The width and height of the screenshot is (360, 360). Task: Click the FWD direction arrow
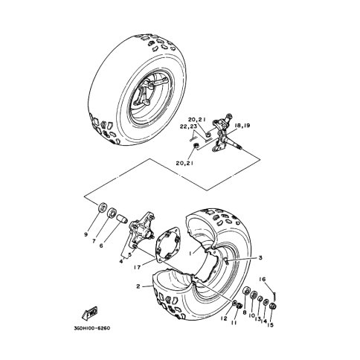pyautogui.click(x=89, y=314)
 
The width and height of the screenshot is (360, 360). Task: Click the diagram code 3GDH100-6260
pyautogui.click(x=91, y=328)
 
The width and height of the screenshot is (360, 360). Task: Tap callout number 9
pyautogui.click(x=86, y=234)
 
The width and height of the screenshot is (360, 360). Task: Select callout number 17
pyautogui.click(x=137, y=267)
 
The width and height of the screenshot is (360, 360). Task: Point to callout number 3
pyautogui.click(x=260, y=258)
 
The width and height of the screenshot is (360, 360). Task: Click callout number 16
pyautogui.click(x=263, y=280)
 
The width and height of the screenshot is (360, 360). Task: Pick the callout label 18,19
pyautogui.click(x=242, y=126)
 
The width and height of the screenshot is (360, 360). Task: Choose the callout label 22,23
pyautogui.click(x=188, y=126)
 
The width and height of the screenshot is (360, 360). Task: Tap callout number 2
pyautogui.click(x=138, y=286)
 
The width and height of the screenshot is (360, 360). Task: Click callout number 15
pyautogui.click(x=270, y=324)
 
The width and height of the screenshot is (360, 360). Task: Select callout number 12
pyautogui.click(x=224, y=318)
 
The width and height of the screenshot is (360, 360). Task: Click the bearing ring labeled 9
pyautogui.click(x=103, y=208)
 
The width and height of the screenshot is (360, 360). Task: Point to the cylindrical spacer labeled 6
pyautogui.click(x=122, y=219)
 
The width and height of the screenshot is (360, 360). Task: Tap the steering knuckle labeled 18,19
pyautogui.click(x=222, y=134)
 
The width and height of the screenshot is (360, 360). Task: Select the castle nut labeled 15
pyautogui.click(x=273, y=306)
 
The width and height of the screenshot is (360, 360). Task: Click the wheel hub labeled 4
pyautogui.click(x=141, y=231)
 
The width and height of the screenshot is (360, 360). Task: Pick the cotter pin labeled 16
pyautogui.click(x=274, y=296)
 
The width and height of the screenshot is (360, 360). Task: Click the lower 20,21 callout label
pyautogui.click(x=184, y=163)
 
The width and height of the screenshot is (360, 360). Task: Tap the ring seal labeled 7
pyautogui.click(x=112, y=213)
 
